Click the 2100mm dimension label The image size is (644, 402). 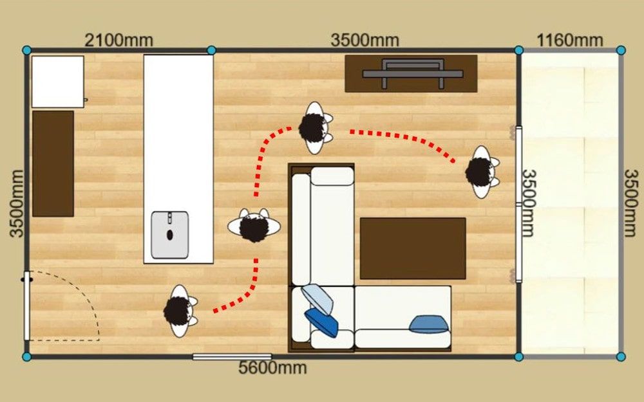(118, 40)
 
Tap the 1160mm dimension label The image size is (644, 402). (570, 40)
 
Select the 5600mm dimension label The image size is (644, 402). (272, 367)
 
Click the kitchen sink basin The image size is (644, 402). (169, 235)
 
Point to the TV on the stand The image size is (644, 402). (413, 73)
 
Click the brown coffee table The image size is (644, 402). (413, 248)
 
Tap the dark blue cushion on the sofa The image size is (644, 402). (321, 322)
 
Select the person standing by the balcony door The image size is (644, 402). (482, 172)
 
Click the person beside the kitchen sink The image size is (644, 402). (254, 225)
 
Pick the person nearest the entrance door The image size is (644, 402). (180, 311)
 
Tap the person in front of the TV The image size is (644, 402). (315, 128)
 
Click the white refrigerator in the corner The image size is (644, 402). (58, 82)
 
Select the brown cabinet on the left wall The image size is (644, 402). (53, 163)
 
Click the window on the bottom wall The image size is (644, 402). (232, 357)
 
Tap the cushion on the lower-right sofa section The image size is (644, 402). (428, 324)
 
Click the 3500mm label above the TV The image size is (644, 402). (365, 40)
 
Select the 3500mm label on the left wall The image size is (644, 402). (17, 203)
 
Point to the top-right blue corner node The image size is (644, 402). (621, 50)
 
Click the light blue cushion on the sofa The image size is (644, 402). (317, 298)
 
